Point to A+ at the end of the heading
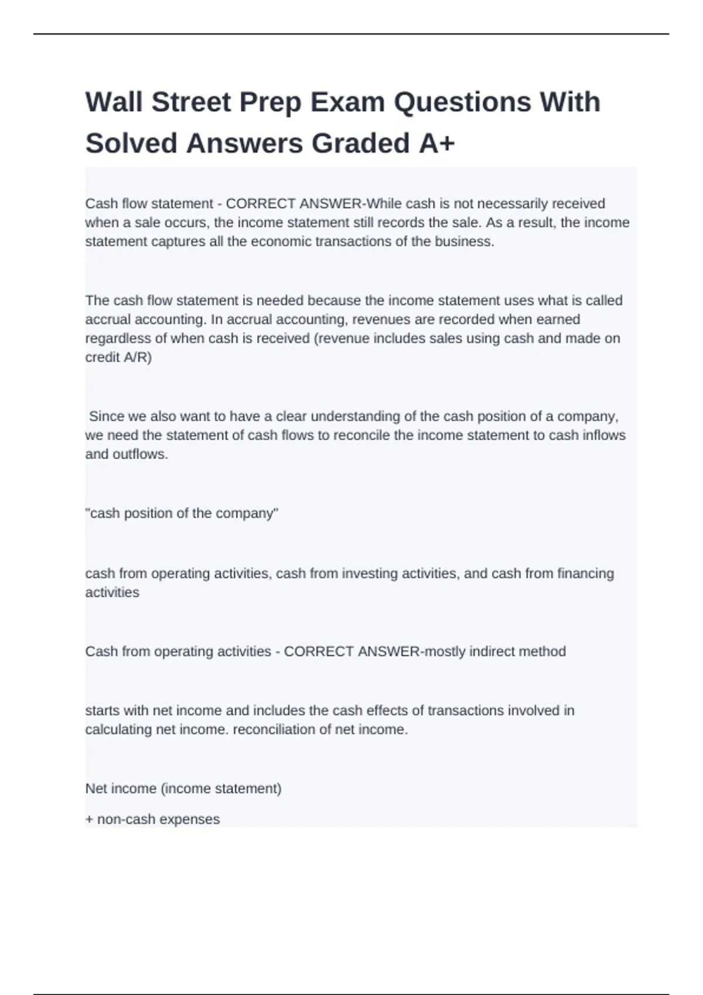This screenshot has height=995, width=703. point(436,143)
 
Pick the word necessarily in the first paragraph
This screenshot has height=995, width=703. point(511,204)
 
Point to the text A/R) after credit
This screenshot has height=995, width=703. point(137,357)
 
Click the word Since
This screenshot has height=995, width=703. point(107,416)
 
